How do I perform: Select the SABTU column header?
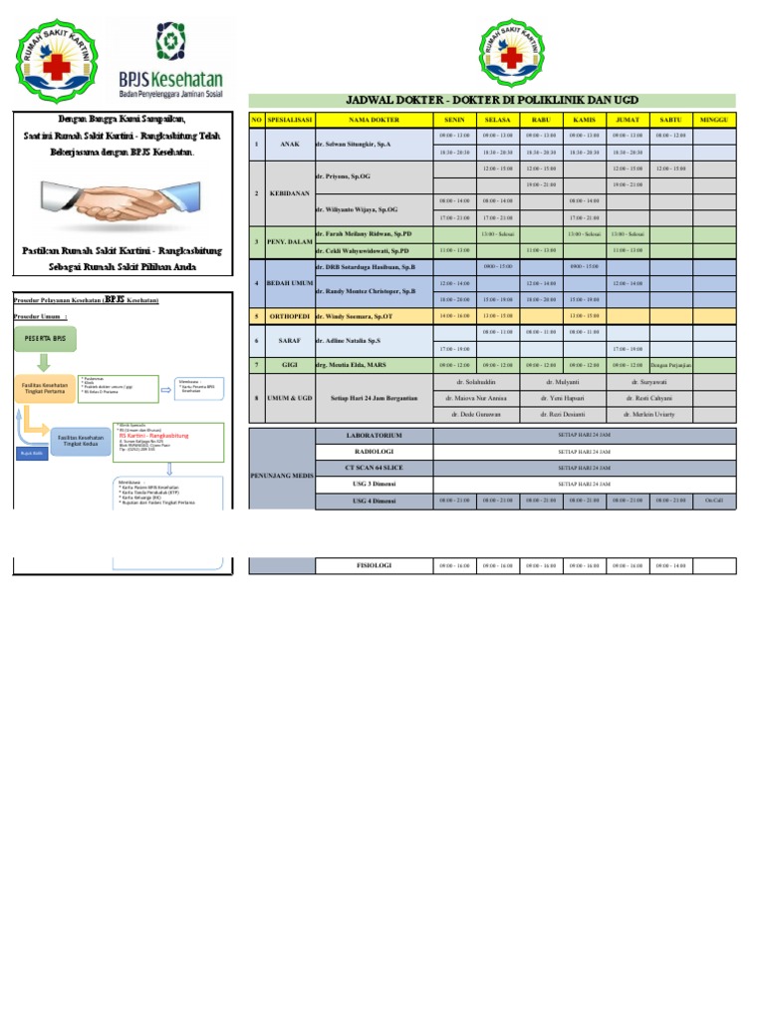pyautogui.click(x=671, y=119)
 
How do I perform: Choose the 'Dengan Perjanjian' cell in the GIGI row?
pyautogui.click(x=671, y=365)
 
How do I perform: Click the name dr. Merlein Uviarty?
pyautogui.click(x=649, y=413)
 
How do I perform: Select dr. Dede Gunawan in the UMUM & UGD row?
pyautogui.click(x=474, y=413)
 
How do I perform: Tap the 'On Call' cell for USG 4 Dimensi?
pyautogui.click(x=714, y=500)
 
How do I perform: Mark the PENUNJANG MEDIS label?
pyautogui.click(x=281, y=476)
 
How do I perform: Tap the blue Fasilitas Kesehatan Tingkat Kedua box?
pyautogui.click(x=84, y=440)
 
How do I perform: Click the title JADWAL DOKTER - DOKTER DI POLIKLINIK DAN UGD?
pyautogui.click(x=491, y=101)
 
